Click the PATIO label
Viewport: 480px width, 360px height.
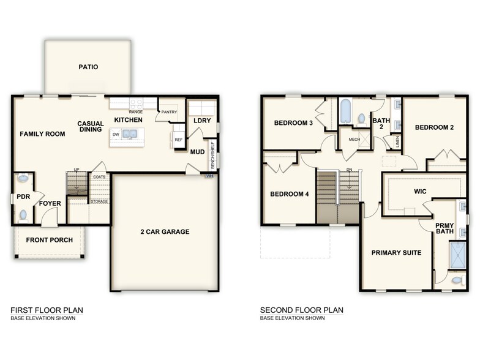pyautogui.click(x=88, y=67)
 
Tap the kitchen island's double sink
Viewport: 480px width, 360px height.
pyautogui.click(x=130, y=134)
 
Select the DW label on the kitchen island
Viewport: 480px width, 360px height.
pyautogui.click(x=116, y=134)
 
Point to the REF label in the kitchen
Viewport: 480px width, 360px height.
pyautogui.click(x=179, y=140)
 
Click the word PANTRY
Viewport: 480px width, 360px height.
pyautogui.click(x=169, y=112)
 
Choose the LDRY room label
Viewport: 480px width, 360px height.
pyautogui.click(x=202, y=121)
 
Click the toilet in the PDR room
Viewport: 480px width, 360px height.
pyautogui.click(x=23, y=179)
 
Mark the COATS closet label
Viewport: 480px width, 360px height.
pyautogui.click(x=99, y=177)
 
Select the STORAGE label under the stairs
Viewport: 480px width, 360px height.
pyautogui.click(x=99, y=201)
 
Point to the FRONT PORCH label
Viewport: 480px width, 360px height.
pyautogui.click(x=49, y=239)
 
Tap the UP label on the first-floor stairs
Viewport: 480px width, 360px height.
pyautogui.click(x=77, y=170)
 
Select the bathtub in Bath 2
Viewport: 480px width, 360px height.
pyautogui.click(x=343, y=112)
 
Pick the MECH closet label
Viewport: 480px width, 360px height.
pyautogui.click(x=354, y=140)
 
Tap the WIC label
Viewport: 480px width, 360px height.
pyautogui.click(x=420, y=192)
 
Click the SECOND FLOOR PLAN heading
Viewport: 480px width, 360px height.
pyautogui.click(x=301, y=310)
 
